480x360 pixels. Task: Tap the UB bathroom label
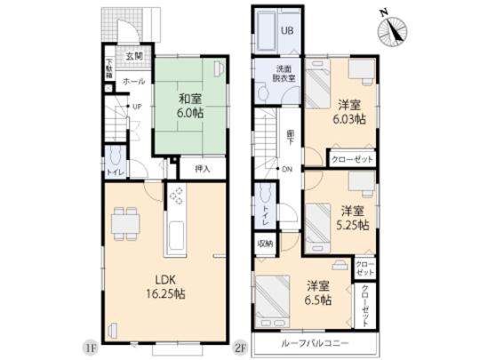[287, 30]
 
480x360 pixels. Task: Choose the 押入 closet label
[203, 167]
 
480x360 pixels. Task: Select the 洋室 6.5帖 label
[319, 293]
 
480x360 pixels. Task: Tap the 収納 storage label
[265, 242]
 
